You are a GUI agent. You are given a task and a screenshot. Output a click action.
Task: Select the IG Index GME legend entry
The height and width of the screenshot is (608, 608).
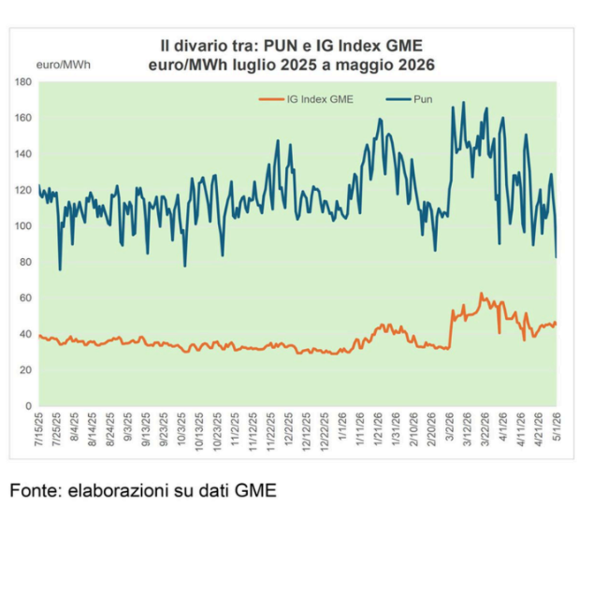point(306,99)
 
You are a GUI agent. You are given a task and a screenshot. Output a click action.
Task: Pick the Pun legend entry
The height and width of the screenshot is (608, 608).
point(409,99)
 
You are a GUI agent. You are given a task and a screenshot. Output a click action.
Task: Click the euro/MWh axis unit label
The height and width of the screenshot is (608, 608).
point(64,65)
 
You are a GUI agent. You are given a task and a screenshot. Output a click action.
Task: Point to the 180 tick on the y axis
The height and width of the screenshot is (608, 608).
point(23,81)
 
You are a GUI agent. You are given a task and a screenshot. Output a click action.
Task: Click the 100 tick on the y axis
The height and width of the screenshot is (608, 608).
point(23,226)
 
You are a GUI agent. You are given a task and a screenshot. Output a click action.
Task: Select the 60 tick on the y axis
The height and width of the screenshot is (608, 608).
point(25,298)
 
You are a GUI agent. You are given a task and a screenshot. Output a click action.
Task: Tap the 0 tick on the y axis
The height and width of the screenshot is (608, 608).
point(29,406)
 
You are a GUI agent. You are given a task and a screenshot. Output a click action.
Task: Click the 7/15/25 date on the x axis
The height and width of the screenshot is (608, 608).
point(39,429)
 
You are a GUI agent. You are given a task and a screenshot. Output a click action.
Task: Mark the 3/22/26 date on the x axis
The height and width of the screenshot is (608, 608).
point(485,429)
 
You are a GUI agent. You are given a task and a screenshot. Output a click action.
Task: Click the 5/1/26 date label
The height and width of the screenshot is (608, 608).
point(557,427)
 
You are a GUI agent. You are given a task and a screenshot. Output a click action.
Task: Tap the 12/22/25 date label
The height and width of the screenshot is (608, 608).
point(325,431)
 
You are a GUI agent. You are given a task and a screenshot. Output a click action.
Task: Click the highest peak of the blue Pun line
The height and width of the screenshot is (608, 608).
point(463,102)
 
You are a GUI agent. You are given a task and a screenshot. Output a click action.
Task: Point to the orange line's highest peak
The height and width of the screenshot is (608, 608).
point(481,293)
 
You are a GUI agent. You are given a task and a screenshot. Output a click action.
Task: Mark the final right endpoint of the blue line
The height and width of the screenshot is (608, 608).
point(556,257)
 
